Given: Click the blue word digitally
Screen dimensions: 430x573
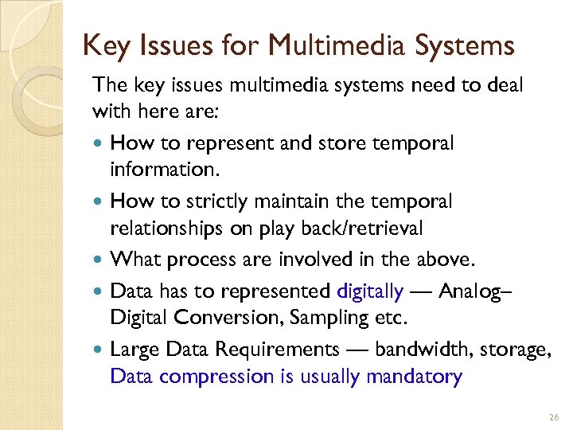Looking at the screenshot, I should coord(370,291).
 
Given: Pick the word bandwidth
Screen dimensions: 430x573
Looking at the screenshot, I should coord(431,350).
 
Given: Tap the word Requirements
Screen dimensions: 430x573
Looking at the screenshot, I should coord(271,350).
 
